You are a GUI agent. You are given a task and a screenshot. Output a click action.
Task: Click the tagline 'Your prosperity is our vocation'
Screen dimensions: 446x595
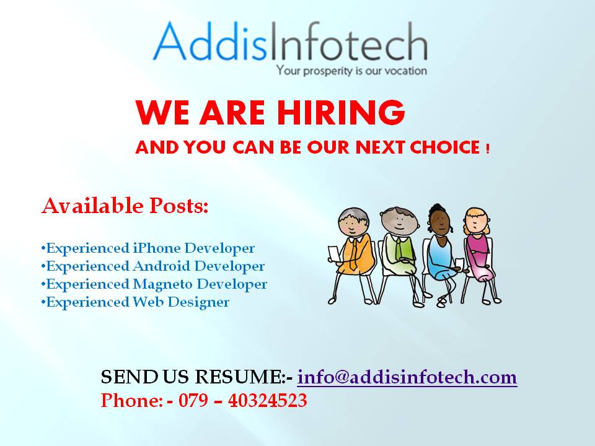point(351,71)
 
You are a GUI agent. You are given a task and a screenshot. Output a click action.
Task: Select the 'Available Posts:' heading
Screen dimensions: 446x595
point(125,206)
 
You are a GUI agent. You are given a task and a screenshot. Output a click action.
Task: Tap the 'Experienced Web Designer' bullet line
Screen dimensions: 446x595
point(135,302)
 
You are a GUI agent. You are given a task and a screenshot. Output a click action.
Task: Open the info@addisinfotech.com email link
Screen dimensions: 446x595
point(407,377)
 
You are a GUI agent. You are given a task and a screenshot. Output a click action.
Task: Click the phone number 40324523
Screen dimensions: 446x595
point(267,401)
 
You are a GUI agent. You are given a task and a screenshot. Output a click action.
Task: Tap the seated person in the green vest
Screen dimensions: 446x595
point(397,248)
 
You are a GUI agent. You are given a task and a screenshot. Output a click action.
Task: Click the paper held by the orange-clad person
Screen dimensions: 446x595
point(333,253)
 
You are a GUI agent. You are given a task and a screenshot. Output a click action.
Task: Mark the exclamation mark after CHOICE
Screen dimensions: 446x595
point(488,149)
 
